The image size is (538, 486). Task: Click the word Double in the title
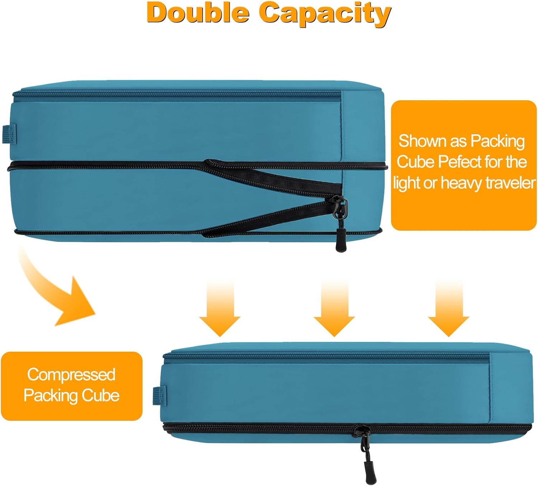click(198, 13)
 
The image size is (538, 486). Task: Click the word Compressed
click(71, 375)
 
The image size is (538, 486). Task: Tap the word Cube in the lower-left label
click(100, 396)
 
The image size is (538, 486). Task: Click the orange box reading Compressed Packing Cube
click(72, 386)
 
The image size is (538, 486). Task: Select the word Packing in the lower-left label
click(51, 396)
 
